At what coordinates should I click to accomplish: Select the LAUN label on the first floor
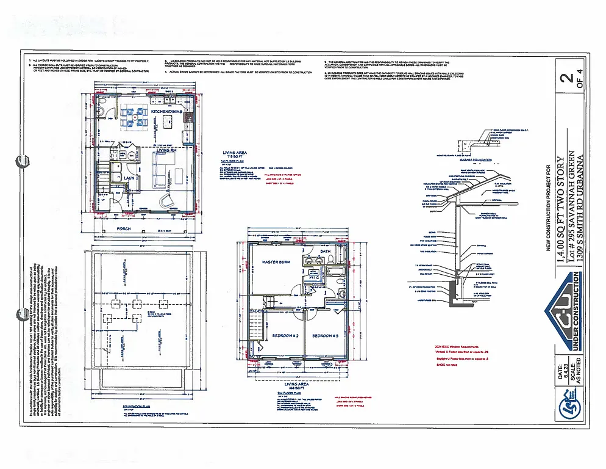click(129, 178)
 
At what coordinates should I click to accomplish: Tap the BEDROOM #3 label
click(325, 336)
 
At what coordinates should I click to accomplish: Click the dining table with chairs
click(133, 116)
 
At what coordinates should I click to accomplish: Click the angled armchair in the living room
click(166, 201)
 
